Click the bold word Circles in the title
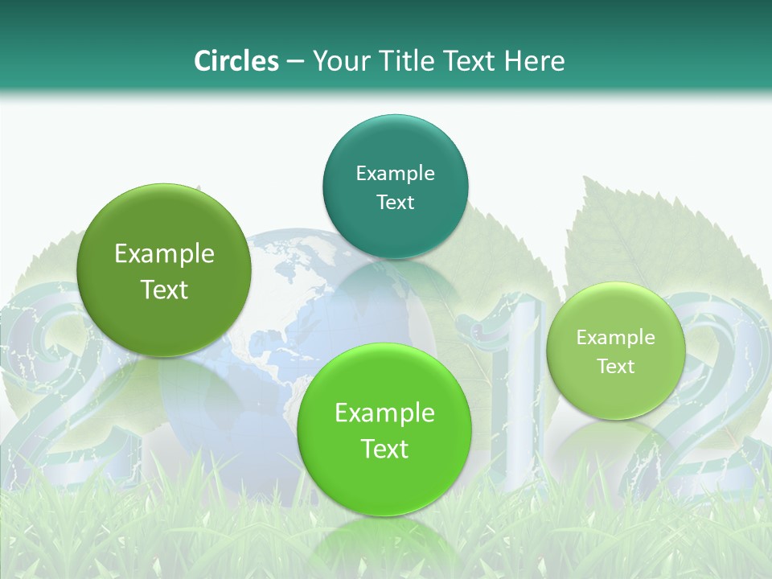tap(236, 61)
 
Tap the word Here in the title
tap(534, 61)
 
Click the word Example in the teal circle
tap(395, 173)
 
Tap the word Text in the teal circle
tap(395, 202)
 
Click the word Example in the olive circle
tap(164, 254)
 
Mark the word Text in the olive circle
tap(164, 289)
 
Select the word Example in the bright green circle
tap(384, 413)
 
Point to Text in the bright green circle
tap(384, 449)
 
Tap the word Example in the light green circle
tap(615, 337)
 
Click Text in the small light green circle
tap(615, 366)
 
